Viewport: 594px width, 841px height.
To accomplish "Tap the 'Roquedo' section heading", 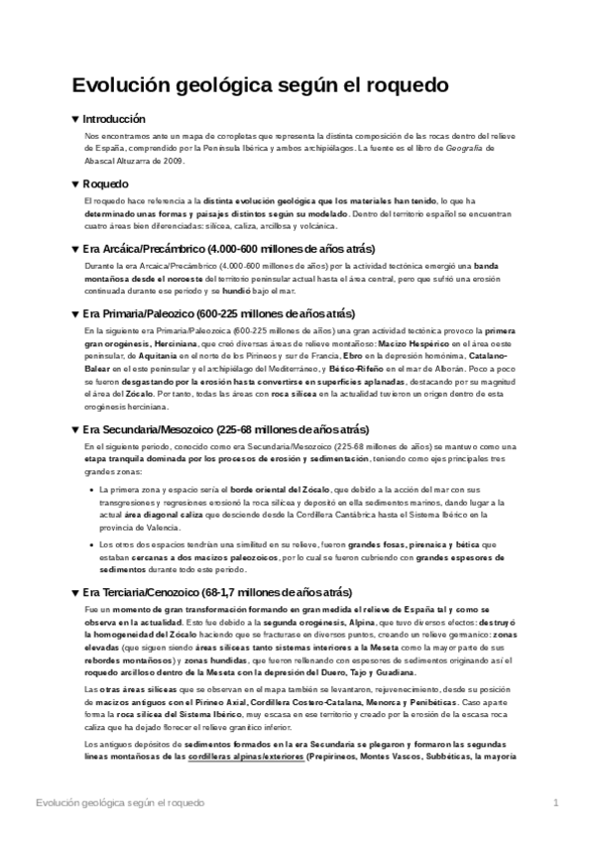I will (106, 182).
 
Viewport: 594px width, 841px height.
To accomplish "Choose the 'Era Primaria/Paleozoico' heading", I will (227, 312).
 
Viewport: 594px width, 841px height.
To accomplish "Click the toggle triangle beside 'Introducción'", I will (75, 118).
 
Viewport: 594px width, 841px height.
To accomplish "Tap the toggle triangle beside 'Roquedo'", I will (75, 183).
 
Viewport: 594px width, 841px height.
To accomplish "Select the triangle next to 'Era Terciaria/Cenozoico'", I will (75, 592).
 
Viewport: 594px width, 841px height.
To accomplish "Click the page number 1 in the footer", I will (556, 800).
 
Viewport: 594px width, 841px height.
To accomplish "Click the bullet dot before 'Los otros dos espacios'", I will (90, 545).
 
